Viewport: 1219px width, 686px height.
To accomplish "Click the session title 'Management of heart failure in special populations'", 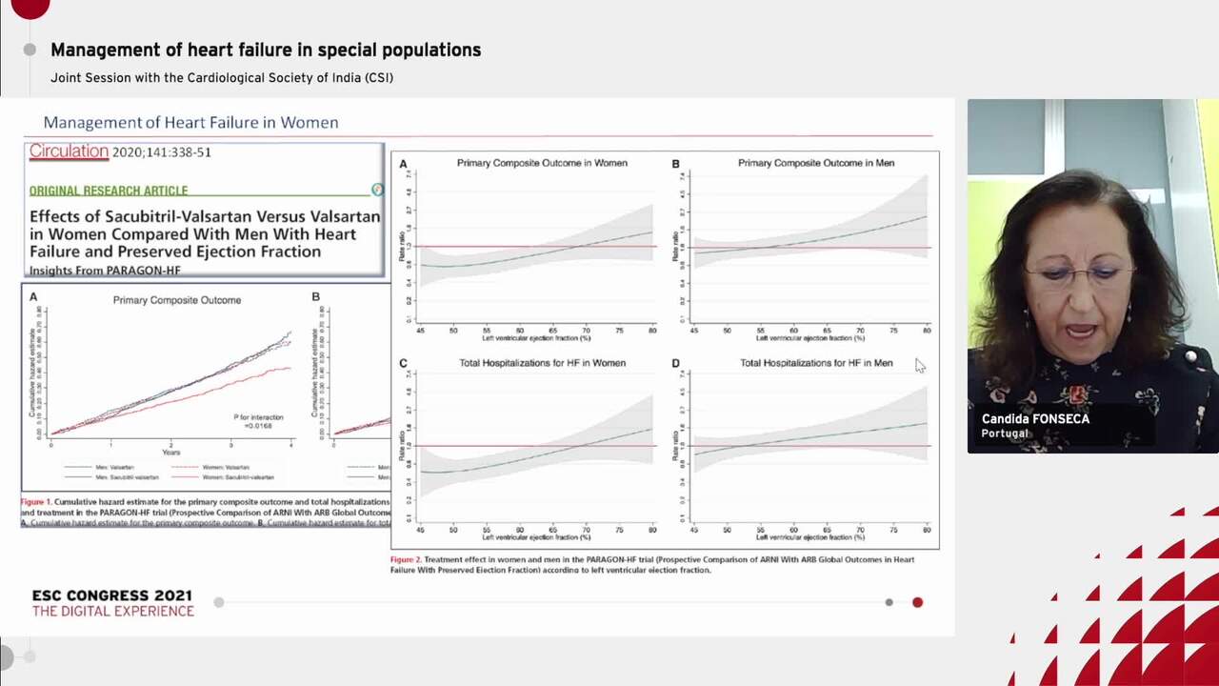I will (x=266, y=50).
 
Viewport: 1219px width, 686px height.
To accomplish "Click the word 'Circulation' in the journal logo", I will (x=69, y=151).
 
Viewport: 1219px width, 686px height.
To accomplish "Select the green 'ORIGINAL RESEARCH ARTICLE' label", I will (x=109, y=191).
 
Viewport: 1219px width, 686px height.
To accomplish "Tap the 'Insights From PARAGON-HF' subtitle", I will (x=105, y=271).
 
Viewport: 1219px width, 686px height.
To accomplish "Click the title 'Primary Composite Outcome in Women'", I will (x=542, y=163).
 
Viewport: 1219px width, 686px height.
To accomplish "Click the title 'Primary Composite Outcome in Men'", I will (x=815, y=163).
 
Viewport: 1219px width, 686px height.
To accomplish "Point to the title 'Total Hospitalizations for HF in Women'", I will (x=542, y=363).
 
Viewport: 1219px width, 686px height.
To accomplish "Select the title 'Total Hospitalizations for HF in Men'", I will (x=815, y=363).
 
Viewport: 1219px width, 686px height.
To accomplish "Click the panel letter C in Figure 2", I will (x=403, y=363).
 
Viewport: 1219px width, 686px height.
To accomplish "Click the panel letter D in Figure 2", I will (x=675, y=363).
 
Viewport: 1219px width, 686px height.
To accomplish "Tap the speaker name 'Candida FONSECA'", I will (x=1035, y=419).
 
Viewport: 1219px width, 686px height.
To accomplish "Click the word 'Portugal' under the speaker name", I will (x=1005, y=434).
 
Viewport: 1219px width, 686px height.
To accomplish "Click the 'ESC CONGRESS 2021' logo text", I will (x=112, y=595).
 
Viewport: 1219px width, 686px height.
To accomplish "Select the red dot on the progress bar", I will (x=917, y=602).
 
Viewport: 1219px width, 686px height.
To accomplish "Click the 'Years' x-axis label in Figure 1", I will (x=171, y=453).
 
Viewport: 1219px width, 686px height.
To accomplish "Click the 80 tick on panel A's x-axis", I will (x=652, y=330).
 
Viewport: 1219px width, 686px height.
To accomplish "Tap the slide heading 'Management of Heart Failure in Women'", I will (x=190, y=122).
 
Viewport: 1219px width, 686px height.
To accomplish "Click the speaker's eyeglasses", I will (x=1078, y=276).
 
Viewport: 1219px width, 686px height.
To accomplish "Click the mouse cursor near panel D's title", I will (x=919, y=365).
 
